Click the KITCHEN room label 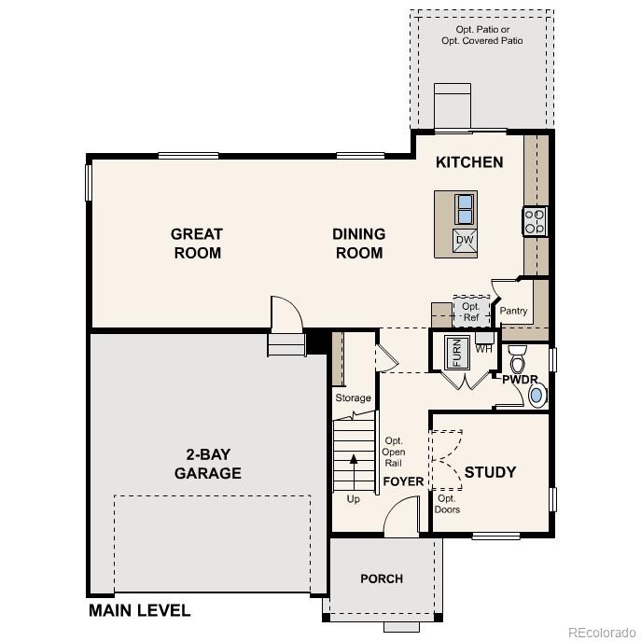(469, 162)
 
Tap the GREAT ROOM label (197, 244)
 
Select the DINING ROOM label (358, 244)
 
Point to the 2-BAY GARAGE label (207, 464)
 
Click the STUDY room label (490, 472)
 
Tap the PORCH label (382, 578)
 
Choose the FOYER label (403, 481)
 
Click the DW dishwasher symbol (464, 241)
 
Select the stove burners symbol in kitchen (535, 221)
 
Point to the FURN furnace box (457, 351)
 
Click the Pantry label (513, 311)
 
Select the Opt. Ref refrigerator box (470, 311)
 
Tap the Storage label (353, 398)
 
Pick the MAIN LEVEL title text (139, 611)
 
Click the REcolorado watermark (601, 631)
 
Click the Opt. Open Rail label (394, 453)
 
